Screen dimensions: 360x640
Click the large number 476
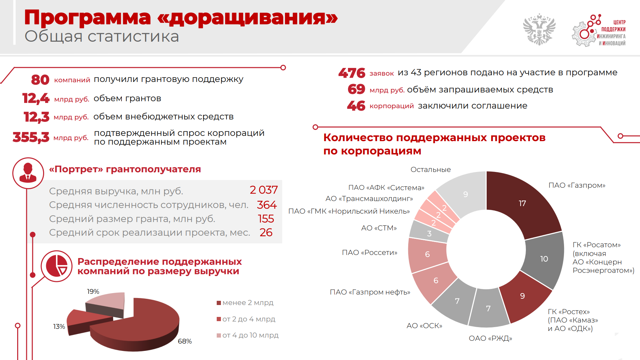click(x=352, y=73)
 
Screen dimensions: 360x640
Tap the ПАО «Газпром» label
click(x=577, y=185)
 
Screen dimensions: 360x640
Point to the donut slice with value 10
click(x=544, y=259)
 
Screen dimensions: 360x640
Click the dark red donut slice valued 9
click(x=522, y=296)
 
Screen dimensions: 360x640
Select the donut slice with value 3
click(x=429, y=233)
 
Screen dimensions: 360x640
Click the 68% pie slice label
click(x=185, y=341)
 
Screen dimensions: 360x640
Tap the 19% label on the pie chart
click(x=93, y=291)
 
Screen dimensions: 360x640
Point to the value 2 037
click(x=263, y=190)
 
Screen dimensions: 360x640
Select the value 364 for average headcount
click(x=266, y=205)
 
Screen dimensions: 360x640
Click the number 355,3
click(x=31, y=137)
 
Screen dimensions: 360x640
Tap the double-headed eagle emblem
click(x=539, y=29)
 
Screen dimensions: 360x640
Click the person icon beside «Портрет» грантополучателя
click(x=28, y=173)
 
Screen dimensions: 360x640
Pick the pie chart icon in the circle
click(x=56, y=266)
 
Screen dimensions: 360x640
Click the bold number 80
click(x=40, y=80)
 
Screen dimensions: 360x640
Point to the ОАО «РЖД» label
click(x=490, y=338)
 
